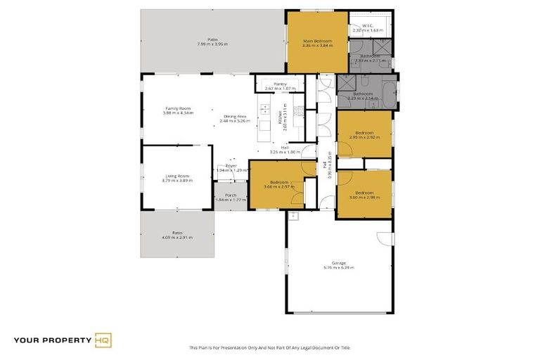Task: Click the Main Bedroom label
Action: coord(317,41)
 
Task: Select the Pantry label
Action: coord(280,84)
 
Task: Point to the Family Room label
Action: coord(177,108)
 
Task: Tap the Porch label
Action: coord(230,195)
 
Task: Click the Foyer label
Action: coord(231,165)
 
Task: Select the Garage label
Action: coord(339,263)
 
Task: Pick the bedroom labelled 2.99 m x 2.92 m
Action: coord(364,134)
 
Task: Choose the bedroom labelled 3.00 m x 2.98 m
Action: coord(364,195)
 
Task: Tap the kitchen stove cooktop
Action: coord(299,110)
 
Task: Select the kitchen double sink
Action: coord(264,109)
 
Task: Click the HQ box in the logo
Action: coord(103,341)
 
